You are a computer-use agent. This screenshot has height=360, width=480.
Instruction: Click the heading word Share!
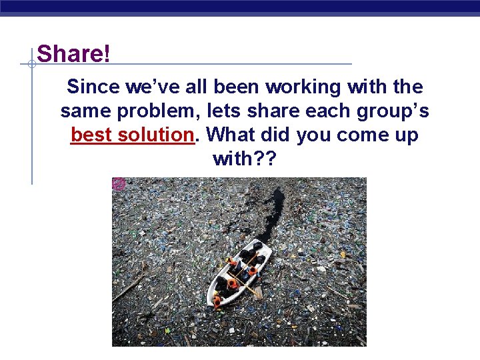coord(74,54)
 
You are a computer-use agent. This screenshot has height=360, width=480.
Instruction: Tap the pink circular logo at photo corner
coord(119,184)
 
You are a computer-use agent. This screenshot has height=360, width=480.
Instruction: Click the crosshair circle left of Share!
coord(31,65)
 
